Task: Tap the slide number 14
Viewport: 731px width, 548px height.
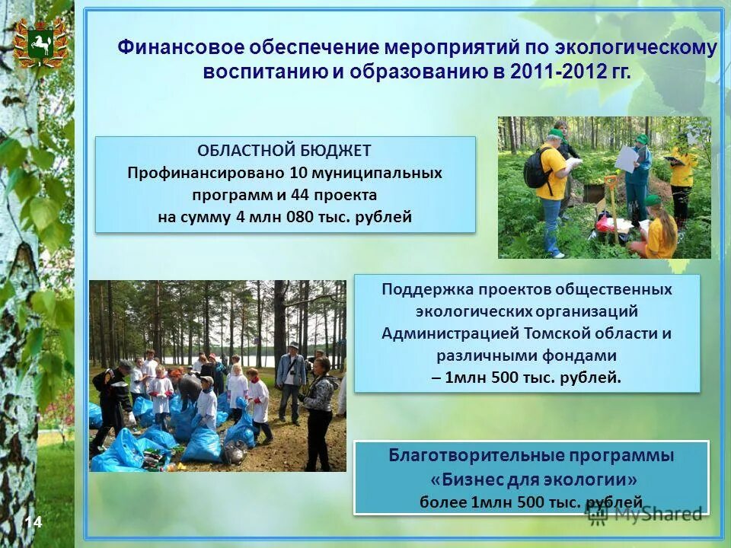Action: click(x=33, y=521)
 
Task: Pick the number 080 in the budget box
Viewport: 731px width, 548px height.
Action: click(x=299, y=217)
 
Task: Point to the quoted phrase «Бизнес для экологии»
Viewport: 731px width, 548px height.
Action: click(x=531, y=479)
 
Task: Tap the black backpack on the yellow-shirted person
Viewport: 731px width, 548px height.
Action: click(x=537, y=168)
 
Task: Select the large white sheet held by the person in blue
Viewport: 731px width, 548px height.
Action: click(x=627, y=158)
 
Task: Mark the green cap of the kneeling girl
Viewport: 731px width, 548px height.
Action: click(x=653, y=199)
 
